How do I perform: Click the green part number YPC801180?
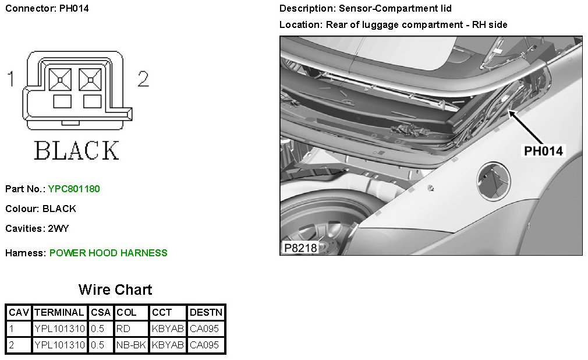(74, 188)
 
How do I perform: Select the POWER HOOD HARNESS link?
(108, 253)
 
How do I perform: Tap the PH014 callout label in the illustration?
(543, 151)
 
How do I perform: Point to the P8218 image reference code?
(300, 248)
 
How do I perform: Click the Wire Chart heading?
(115, 290)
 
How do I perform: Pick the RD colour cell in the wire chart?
(123, 329)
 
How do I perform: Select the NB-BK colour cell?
(131, 345)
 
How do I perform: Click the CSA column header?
(101, 312)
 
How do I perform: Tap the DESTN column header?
(206, 312)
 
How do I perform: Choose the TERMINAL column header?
(59, 312)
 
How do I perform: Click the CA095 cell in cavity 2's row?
(204, 345)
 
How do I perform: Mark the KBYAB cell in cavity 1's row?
(168, 329)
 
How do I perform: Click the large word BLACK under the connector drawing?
(76, 150)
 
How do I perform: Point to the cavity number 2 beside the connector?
(143, 79)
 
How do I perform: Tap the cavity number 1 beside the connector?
(11, 79)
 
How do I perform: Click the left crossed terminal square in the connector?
(60, 80)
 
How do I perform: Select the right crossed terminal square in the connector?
(90, 80)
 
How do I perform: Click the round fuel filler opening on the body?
(494, 181)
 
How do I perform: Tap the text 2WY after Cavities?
(58, 228)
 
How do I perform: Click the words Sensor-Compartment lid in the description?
(395, 8)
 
